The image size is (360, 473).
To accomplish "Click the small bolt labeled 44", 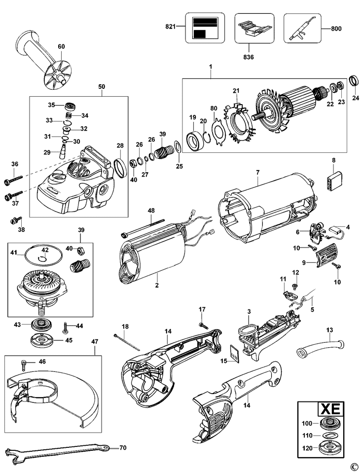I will [66, 327].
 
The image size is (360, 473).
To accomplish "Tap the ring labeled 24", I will [354, 81].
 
